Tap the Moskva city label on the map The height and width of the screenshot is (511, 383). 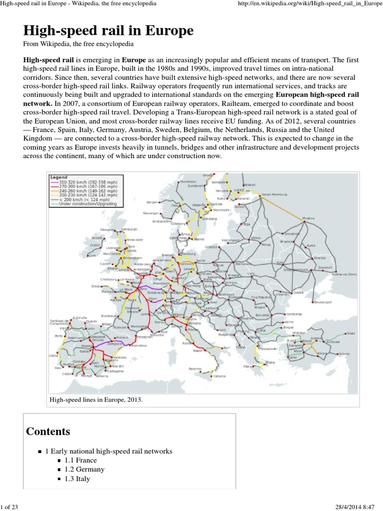(310, 218)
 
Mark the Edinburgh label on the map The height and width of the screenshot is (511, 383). (129, 229)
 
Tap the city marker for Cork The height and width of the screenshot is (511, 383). (91, 255)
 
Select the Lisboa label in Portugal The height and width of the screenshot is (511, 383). (54, 355)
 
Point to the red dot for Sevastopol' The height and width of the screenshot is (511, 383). (312, 302)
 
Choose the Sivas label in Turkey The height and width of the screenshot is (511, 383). (351, 333)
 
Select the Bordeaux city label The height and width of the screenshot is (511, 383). (108, 316)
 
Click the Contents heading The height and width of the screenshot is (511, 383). (48, 431)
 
